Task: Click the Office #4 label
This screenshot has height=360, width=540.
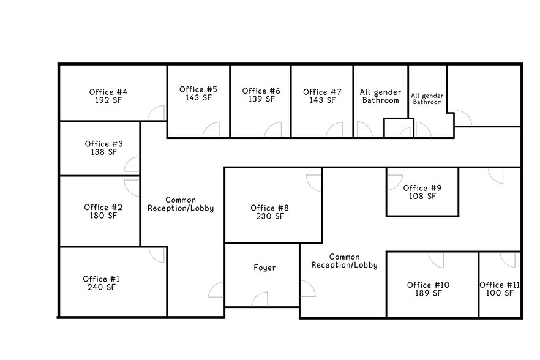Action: [108, 92]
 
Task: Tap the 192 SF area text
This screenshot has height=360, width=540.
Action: [108, 100]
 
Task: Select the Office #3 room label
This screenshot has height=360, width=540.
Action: [103, 144]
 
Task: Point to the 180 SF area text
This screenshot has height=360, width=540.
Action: [103, 216]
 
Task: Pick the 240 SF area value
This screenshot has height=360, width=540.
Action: [102, 287]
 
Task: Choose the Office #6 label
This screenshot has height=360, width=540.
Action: [261, 91]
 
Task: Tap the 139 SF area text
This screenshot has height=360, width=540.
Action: [261, 99]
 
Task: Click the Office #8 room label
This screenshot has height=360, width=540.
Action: [270, 208]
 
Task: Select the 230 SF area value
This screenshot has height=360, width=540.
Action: [270, 216]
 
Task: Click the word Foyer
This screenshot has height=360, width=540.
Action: [264, 268]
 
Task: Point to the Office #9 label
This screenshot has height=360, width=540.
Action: [422, 188]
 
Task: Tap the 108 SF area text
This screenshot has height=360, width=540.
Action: [422, 196]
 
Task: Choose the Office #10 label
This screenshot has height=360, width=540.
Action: [429, 285]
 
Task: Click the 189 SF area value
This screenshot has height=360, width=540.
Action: [429, 293]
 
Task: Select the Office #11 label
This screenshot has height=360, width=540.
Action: [500, 285]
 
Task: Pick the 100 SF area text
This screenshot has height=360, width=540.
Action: [500, 293]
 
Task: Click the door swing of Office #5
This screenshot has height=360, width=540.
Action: [211, 130]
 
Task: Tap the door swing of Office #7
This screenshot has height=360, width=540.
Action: [335, 130]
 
